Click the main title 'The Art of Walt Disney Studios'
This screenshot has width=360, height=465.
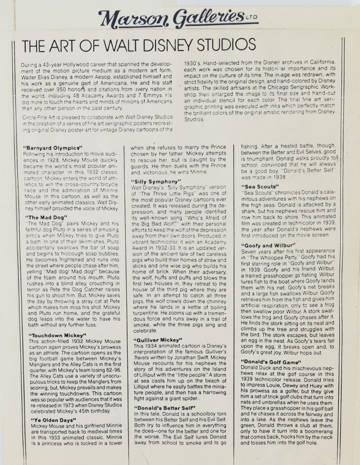pyautogui.click(x=139, y=45)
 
